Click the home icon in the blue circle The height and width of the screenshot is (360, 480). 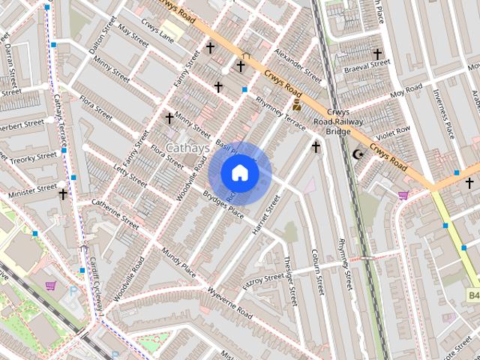click(239, 173)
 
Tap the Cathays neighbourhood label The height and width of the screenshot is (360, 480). click(187, 148)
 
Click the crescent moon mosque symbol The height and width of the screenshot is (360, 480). click(358, 154)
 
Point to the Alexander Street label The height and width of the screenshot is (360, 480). click(297, 67)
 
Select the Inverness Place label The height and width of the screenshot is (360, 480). click(443, 114)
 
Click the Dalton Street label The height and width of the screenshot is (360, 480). click(102, 37)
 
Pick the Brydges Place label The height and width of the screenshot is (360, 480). click(223, 204)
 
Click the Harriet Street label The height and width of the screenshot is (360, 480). click(266, 217)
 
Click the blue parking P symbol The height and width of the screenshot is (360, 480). click(73, 289)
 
